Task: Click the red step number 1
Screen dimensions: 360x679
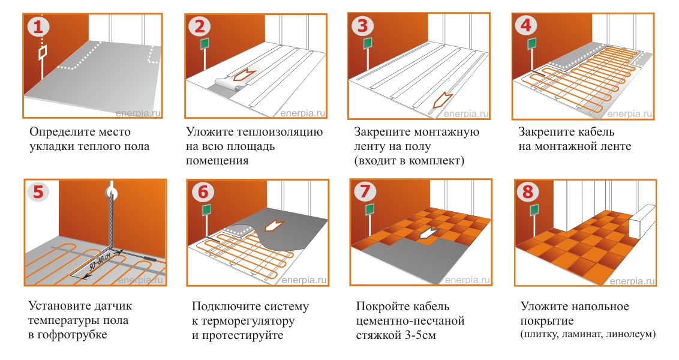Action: click(38, 27)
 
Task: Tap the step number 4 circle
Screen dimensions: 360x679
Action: click(527, 27)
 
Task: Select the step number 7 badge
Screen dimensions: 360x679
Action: click(364, 191)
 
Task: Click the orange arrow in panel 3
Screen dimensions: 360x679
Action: click(442, 100)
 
